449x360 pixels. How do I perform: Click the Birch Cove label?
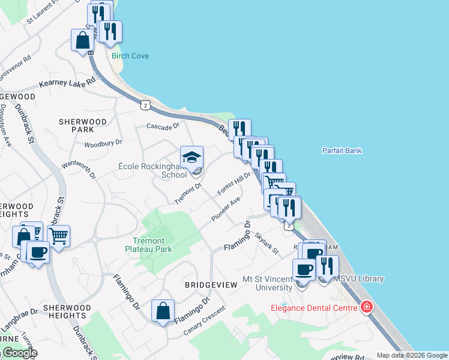(130, 56)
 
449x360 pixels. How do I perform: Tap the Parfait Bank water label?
(342, 151)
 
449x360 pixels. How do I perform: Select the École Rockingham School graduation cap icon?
(192, 158)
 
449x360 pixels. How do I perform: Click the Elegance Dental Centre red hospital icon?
(366, 307)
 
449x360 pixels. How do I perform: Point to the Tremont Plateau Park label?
(149, 245)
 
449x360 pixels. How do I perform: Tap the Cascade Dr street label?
(163, 126)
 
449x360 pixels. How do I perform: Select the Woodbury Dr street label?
(103, 143)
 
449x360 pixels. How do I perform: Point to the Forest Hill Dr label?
(234, 182)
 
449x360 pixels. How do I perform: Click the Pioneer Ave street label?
(226, 208)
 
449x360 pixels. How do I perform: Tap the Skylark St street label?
(267, 243)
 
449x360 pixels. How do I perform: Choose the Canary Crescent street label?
(205, 321)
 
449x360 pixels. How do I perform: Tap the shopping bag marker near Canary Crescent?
(163, 311)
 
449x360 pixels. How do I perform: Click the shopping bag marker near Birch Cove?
(82, 41)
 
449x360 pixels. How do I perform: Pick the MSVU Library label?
(358, 279)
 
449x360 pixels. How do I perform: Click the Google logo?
(19, 353)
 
